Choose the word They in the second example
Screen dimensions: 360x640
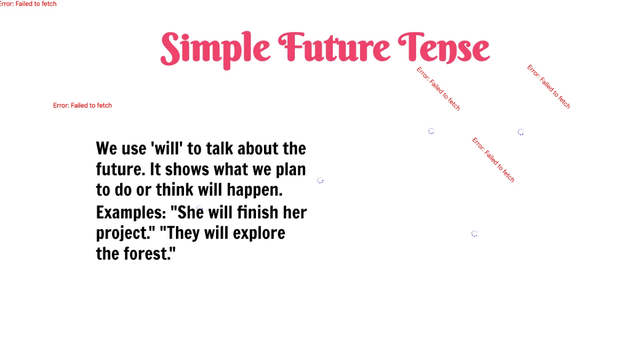coord(179,233)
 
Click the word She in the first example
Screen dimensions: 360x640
coord(190,212)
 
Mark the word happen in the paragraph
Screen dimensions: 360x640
coord(254,190)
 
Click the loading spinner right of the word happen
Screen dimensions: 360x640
coord(320,180)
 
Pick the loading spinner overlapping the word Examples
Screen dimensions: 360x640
coord(199,208)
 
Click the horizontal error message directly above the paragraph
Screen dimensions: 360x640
coord(83,106)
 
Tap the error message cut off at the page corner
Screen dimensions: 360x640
coord(28,4)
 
